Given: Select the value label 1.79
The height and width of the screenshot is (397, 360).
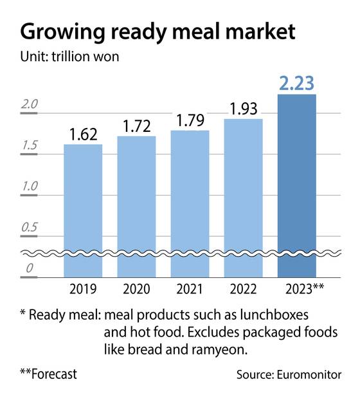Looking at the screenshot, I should (x=190, y=120).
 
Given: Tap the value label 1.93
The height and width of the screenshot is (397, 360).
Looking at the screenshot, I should (x=244, y=108).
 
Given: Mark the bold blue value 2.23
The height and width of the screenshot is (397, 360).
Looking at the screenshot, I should (x=297, y=82).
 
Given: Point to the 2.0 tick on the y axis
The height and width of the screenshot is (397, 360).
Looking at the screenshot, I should (x=30, y=105).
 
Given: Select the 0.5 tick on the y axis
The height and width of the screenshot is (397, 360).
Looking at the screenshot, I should (x=30, y=228).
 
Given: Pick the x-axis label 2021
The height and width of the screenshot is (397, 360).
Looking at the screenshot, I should (x=190, y=288).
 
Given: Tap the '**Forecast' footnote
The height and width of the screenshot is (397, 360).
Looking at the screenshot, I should (x=49, y=374).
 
